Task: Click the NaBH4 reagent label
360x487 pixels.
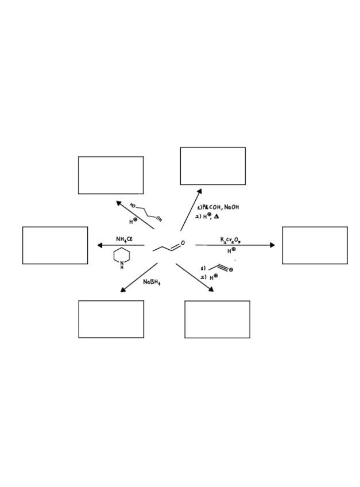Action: (152, 282)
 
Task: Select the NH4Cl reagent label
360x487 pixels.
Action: (124, 239)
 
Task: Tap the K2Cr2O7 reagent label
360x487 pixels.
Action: (230, 240)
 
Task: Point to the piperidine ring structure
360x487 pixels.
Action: (122, 257)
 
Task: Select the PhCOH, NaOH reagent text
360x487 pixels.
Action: (218, 207)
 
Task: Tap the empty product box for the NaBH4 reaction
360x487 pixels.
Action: (111, 319)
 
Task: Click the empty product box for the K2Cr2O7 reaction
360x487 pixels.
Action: (315, 245)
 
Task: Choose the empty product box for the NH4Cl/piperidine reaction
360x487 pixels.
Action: (55, 245)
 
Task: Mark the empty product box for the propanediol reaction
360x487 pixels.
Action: (111, 175)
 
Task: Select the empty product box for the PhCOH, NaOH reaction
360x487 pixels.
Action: (213, 166)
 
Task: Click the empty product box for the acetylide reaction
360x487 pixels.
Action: (217, 319)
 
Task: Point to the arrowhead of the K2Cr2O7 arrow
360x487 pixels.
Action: (272, 245)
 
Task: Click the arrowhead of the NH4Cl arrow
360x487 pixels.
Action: (100, 245)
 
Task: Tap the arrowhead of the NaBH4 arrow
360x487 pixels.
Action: (123, 290)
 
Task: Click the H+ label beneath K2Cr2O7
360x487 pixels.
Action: (231, 250)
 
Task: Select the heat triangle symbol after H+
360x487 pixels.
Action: (216, 217)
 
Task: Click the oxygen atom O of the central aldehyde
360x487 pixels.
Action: (183, 243)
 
